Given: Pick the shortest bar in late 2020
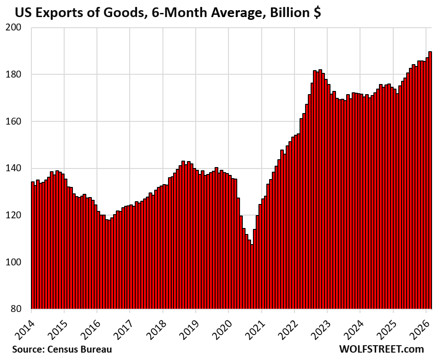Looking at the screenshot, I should click(x=252, y=277).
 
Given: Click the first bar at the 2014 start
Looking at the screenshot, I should click(x=33, y=245).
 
